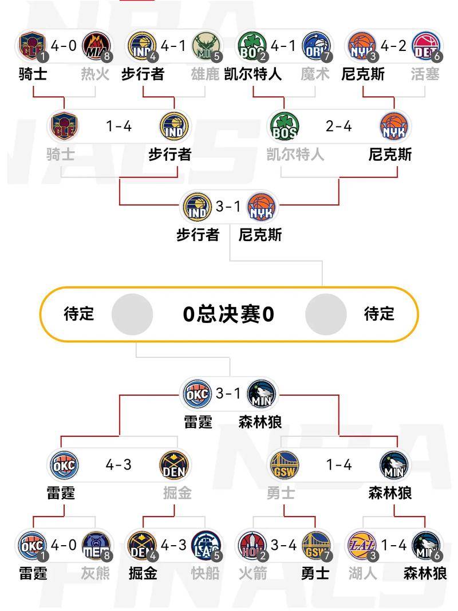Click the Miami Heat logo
click(x=96, y=46)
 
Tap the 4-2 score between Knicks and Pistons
click(x=393, y=46)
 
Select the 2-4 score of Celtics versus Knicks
click(x=339, y=126)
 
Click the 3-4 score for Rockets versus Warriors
click(x=284, y=545)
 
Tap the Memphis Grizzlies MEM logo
click(x=96, y=545)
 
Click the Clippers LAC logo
click(x=206, y=545)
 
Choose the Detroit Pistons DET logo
click(x=426, y=46)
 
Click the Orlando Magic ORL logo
click(x=316, y=46)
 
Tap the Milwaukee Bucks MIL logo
click(x=206, y=46)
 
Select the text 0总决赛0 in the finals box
click(x=228, y=314)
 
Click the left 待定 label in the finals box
click(x=79, y=314)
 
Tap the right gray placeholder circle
click(x=326, y=314)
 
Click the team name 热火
click(x=96, y=74)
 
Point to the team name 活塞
click(x=425, y=74)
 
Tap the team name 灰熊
click(x=96, y=573)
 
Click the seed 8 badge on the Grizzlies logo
click(x=106, y=555)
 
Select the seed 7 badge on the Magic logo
click(x=326, y=57)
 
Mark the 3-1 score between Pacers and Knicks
click(x=228, y=206)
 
